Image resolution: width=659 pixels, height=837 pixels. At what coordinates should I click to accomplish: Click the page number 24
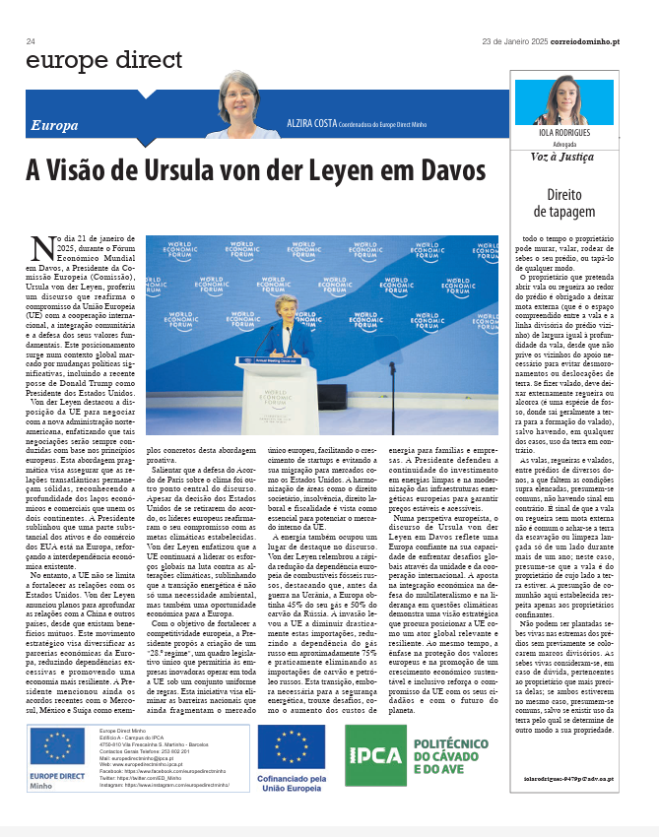coord(32,41)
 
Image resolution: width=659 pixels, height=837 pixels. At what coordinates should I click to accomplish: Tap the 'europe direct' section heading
coord(104,60)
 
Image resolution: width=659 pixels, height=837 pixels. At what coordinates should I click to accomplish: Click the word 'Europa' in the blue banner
coord(55,126)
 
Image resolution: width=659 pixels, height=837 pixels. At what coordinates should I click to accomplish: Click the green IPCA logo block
coord(372,755)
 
